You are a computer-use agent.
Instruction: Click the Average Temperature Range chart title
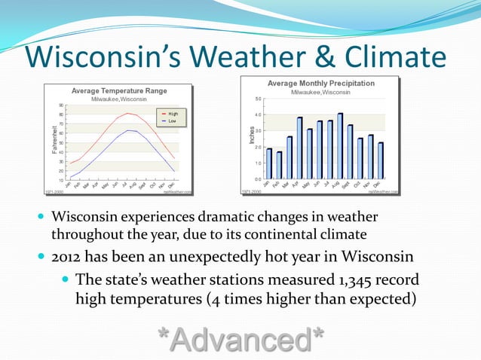[x=119, y=90]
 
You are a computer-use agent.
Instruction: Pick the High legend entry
[x=173, y=113]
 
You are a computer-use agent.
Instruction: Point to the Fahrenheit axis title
[x=55, y=141]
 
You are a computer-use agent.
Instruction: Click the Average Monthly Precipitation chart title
[x=321, y=82]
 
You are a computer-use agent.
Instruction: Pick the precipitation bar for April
[x=299, y=148]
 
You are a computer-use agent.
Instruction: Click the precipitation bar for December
[x=381, y=160]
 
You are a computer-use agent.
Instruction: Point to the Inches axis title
[x=251, y=136]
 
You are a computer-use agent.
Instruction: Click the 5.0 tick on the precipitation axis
[x=258, y=99]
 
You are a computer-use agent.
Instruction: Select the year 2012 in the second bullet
[x=68, y=258]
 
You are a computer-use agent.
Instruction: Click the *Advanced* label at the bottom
[x=240, y=340]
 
